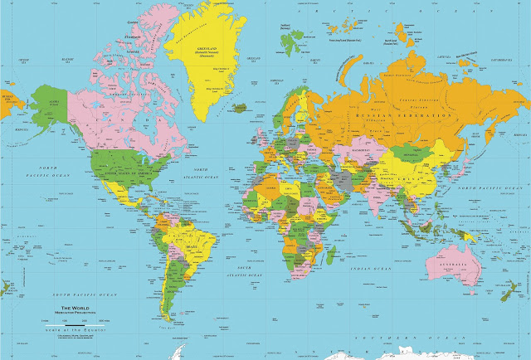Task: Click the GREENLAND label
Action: [x=202, y=49]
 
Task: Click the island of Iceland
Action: [x=240, y=107]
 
